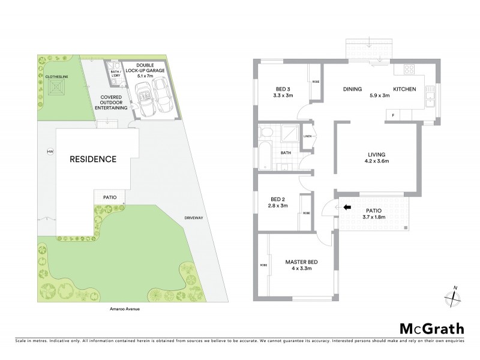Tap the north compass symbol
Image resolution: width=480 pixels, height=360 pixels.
pyautogui.click(x=454, y=295)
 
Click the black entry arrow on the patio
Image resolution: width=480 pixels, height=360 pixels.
pyautogui.click(x=346, y=208)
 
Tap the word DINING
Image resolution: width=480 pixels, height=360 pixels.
pyautogui.click(x=353, y=89)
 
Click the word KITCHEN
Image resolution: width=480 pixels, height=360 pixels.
pyautogui.click(x=403, y=89)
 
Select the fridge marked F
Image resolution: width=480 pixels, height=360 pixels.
pyautogui.click(x=393, y=114)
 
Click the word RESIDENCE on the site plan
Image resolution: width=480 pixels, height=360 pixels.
pyautogui.click(x=92, y=160)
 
